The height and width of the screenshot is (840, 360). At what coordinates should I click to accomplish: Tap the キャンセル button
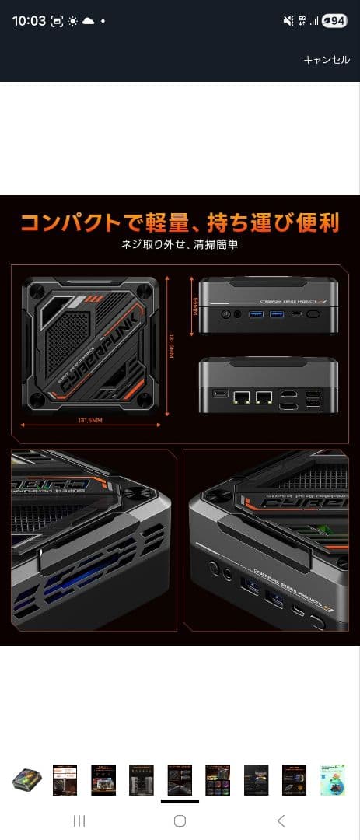(327, 60)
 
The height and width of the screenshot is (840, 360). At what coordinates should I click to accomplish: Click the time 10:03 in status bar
(29, 21)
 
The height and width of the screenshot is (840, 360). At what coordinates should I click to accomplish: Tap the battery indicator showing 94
(335, 21)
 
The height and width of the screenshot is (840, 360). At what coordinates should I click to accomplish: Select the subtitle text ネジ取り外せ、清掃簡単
(179, 244)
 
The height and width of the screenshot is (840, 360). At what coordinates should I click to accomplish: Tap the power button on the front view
(225, 313)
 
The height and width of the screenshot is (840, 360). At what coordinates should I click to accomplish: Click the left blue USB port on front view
(257, 313)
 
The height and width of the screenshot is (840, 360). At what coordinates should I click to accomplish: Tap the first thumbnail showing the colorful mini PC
(26, 779)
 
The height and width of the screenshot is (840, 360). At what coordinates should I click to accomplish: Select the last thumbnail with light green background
(333, 779)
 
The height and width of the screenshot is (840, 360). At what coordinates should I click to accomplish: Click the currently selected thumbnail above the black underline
(180, 779)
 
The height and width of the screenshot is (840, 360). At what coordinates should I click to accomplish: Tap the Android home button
(180, 821)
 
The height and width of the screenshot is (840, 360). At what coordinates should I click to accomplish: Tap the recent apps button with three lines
(79, 821)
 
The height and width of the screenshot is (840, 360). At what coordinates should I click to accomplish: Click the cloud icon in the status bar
(88, 21)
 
